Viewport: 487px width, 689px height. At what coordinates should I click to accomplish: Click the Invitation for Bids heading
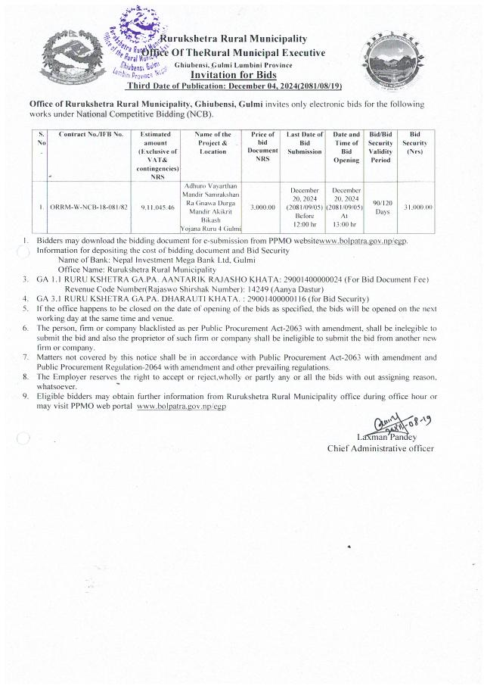233,75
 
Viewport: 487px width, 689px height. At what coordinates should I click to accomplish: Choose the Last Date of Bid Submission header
305,142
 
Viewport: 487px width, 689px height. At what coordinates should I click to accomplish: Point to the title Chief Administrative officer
380,448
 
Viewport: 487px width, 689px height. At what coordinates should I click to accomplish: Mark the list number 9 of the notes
26,396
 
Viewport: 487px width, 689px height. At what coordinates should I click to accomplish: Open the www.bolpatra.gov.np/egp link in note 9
181,407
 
